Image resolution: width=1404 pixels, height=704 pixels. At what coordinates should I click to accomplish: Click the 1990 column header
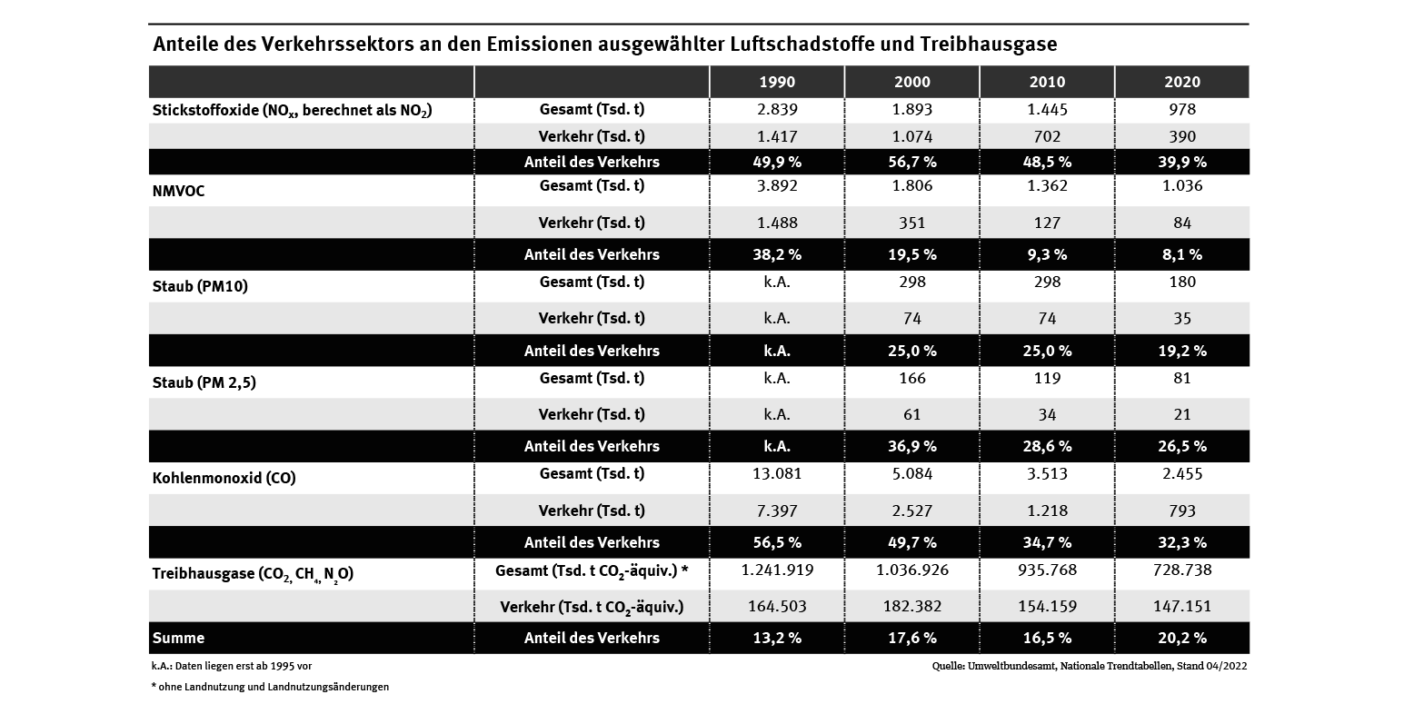(x=776, y=82)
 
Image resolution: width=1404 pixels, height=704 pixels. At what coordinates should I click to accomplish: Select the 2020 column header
(x=1181, y=82)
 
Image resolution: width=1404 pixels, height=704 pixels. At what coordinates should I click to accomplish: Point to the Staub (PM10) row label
(x=200, y=287)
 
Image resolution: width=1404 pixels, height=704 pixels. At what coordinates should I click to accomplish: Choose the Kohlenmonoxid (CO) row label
(x=224, y=478)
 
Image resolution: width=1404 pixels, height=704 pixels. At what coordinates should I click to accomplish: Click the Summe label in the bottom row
(x=178, y=638)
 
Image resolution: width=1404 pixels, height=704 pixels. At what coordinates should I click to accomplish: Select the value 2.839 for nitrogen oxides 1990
(x=776, y=110)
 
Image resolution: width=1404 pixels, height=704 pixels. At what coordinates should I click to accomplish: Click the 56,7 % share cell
(x=911, y=162)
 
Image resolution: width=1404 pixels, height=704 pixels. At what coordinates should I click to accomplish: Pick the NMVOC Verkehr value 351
(x=911, y=223)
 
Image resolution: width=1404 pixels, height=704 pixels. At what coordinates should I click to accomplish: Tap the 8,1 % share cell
(x=1181, y=254)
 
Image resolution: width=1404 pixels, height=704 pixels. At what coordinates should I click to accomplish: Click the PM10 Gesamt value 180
(x=1181, y=282)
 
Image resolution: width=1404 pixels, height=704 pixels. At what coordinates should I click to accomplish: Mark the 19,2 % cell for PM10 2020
(x=1181, y=351)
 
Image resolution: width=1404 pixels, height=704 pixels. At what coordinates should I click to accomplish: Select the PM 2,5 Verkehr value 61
(x=911, y=414)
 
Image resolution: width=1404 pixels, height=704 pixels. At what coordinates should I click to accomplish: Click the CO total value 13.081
(x=776, y=473)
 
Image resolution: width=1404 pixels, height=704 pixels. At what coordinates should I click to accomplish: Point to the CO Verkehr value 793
(x=1181, y=511)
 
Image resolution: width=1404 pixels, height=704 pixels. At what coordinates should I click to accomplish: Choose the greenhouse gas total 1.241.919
(x=776, y=570)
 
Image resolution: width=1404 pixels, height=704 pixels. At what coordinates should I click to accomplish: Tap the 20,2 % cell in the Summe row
(x=1181, y=638)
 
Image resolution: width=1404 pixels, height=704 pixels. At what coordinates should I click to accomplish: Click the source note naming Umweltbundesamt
(x=1090, y=666)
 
